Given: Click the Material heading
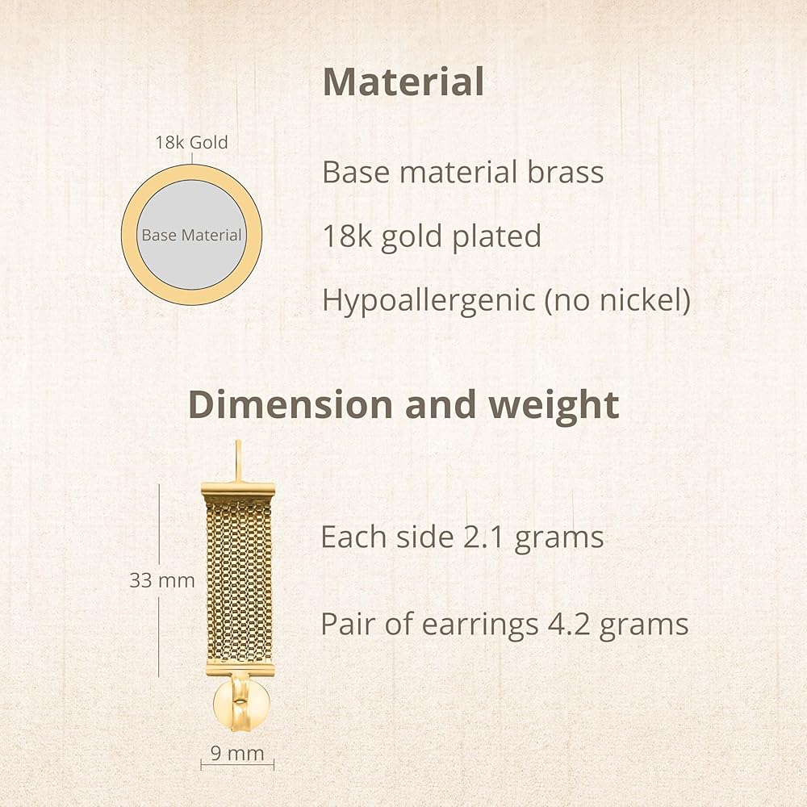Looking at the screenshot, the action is [403, 82].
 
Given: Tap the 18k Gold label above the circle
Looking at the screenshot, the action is [191, 143].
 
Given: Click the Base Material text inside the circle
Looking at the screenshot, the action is [191, 235].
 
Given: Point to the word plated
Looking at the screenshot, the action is [496, 236].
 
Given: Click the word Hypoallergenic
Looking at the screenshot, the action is [429, 300].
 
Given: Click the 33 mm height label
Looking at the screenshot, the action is [162, 580].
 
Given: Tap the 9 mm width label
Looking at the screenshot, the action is [237, 753].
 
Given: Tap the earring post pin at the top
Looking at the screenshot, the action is [238, 461].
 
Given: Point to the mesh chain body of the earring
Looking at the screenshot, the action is [240, 583].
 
